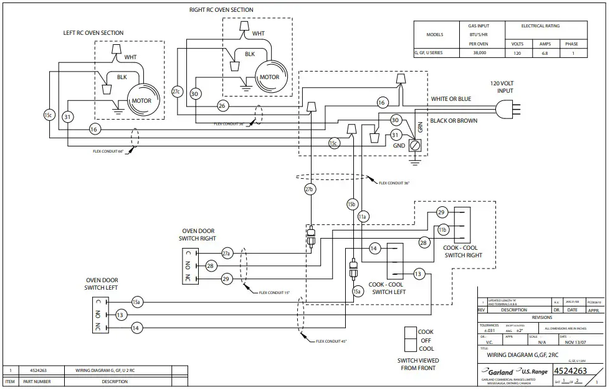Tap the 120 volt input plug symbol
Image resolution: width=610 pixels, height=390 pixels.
coord(506,110)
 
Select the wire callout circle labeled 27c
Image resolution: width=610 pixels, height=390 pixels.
coord(176,92)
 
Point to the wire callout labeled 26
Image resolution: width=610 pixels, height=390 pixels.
coord(222,105)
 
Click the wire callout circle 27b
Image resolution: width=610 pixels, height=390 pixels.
coord(309,189)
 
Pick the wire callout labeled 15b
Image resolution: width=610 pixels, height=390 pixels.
coord(352,204)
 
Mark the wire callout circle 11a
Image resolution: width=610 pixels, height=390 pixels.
coord(363,216)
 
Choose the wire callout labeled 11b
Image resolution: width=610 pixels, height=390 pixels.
coord(443,230)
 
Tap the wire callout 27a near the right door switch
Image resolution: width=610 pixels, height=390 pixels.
coord(227,254)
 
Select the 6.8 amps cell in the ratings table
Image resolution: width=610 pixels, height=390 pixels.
coord(544,54)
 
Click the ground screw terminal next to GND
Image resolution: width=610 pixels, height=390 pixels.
coord(417,145)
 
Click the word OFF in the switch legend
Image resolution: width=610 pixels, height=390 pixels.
coord(426,340)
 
